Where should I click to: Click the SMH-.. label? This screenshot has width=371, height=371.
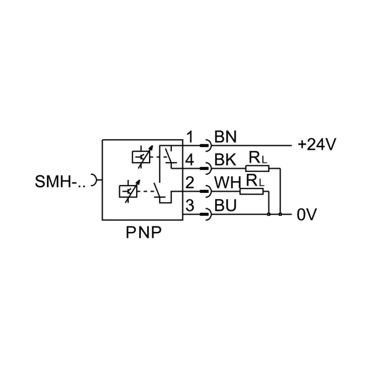pos(60,181)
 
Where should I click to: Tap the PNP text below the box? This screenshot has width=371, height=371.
pos(143,232)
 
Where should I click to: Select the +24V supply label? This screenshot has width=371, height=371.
pos(317,144)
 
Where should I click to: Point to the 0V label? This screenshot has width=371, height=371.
pos(307,215)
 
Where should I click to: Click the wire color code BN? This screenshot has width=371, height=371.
pos(225,137)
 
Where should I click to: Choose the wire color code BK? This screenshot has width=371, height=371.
pos(225,160)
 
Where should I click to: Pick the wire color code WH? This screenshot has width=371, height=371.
pos(228,182)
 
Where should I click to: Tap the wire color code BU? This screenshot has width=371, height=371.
pos(225,205)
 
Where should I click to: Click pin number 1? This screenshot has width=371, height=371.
pos(190,137)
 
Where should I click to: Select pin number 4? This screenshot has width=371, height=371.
pos(190,160)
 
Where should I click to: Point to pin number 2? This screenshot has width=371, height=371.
pos(190,182)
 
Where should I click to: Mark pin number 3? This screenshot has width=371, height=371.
pos(190,205)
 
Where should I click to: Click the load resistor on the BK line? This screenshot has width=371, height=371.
pos(257,168)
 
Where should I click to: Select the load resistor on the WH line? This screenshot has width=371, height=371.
pos(252,192)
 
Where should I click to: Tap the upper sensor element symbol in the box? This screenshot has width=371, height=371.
pos(142,157)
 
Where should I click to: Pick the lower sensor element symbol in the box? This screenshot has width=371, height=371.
pos(129,191)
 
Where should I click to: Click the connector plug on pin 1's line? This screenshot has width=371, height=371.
pos(205,145)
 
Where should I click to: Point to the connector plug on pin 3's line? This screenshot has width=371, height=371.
pos(205,215)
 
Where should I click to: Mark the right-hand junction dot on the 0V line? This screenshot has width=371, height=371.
pos(280,215)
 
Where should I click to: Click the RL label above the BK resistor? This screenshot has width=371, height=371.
pos(258,158)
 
